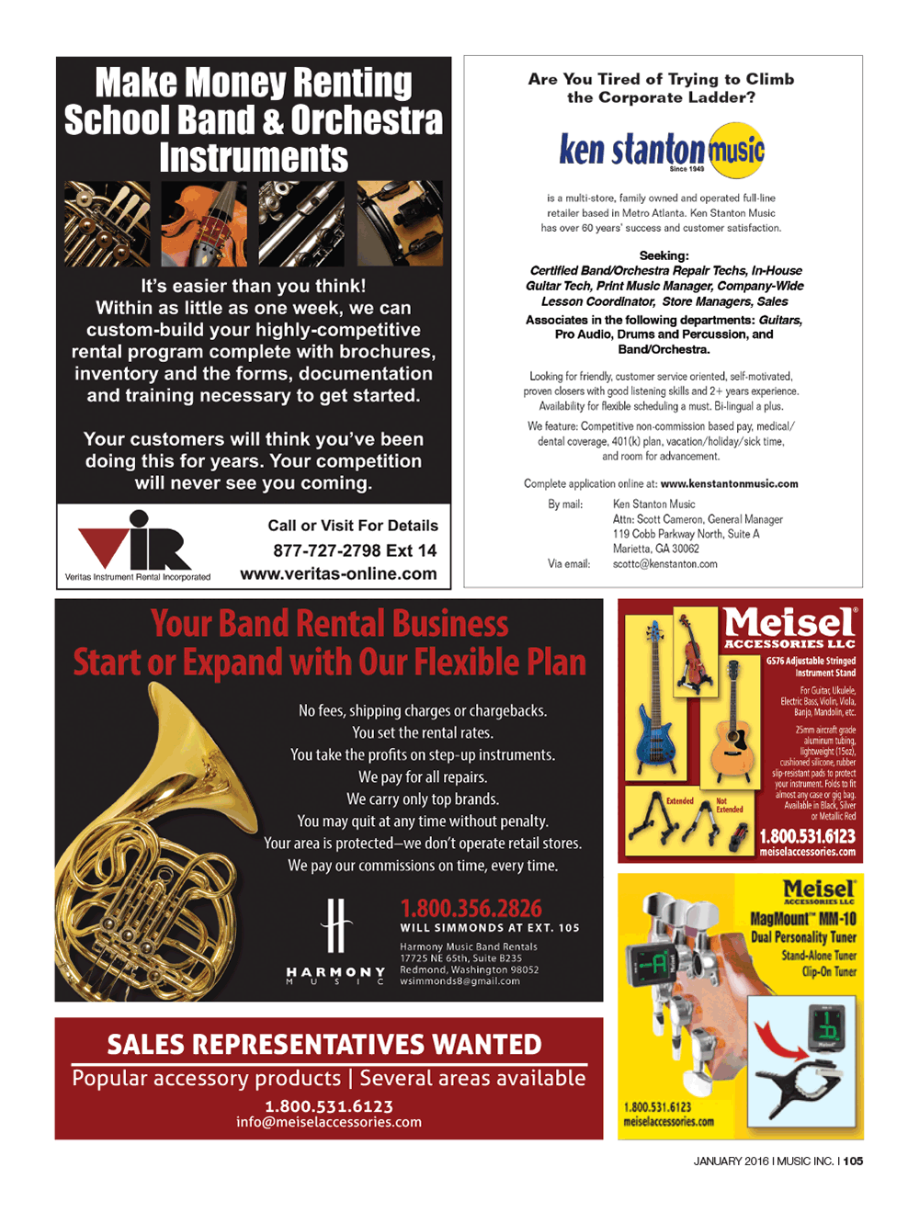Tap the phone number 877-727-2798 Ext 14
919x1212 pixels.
pos(355,550)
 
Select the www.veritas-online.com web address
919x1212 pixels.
pos(338,573)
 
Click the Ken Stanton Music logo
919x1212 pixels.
pos(662,150)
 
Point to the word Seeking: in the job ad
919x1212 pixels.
pos(664,255)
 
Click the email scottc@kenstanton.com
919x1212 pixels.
pos(664,564)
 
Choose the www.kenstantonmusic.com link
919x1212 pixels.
pos(729,483)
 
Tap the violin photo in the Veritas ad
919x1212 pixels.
pos(204,223)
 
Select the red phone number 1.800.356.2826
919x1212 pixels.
pos(471,908)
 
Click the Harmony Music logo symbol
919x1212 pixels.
pos(336,926)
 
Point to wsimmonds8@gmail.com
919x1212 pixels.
pos(459,981)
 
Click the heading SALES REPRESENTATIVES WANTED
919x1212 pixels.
pos(324,1045)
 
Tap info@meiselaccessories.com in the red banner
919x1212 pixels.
pos(329,1122)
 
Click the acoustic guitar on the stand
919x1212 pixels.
pos(732,726)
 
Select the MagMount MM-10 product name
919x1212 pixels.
pos(802,919)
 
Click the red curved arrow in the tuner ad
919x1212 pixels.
pos(780,1042)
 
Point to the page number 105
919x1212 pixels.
pos(853,1161)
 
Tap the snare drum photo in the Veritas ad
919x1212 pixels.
pos(400,223)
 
